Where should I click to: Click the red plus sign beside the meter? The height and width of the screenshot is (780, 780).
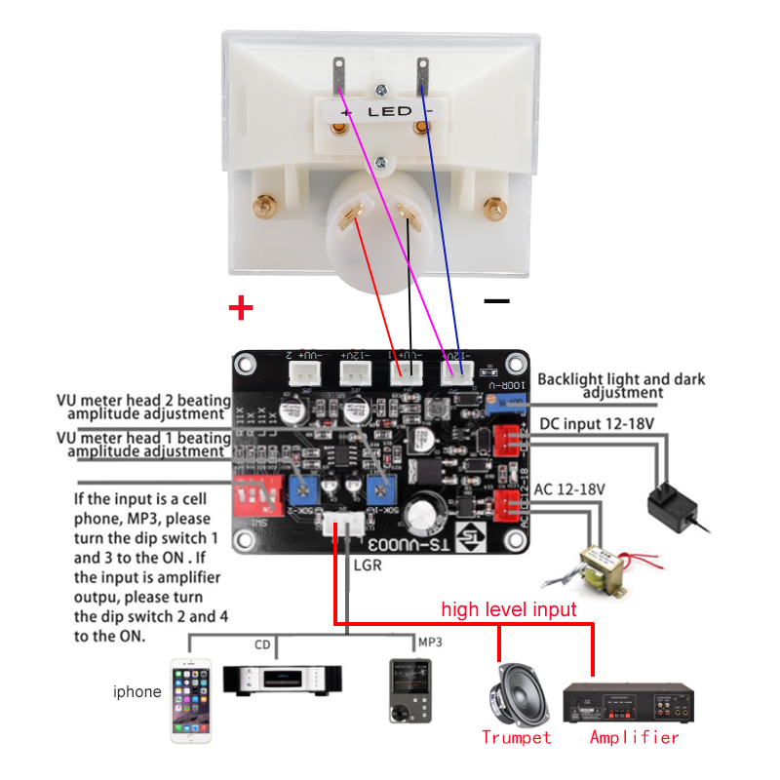tap(240, 309)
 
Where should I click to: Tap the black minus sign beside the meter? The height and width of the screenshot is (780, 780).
tap(496, 301)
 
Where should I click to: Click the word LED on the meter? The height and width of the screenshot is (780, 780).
tap(389, 112)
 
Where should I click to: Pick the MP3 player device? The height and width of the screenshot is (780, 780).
tap(408, 690)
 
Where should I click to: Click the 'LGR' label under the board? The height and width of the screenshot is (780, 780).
tap(367, 565)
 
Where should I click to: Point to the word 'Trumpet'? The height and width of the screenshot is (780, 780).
tap(516, 737)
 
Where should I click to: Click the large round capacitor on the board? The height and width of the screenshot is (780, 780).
tap(426, 515)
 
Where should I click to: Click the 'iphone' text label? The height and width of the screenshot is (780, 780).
tap(137, 692)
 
